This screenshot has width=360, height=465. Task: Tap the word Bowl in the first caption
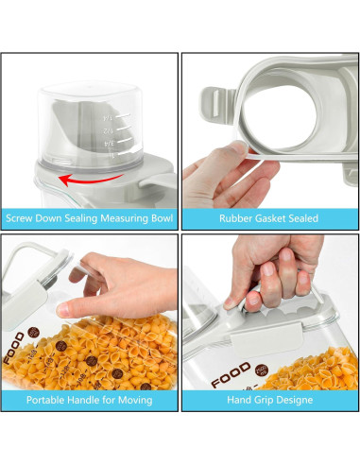coord(158,218)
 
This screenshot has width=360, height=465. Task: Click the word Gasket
coord(273,218)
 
